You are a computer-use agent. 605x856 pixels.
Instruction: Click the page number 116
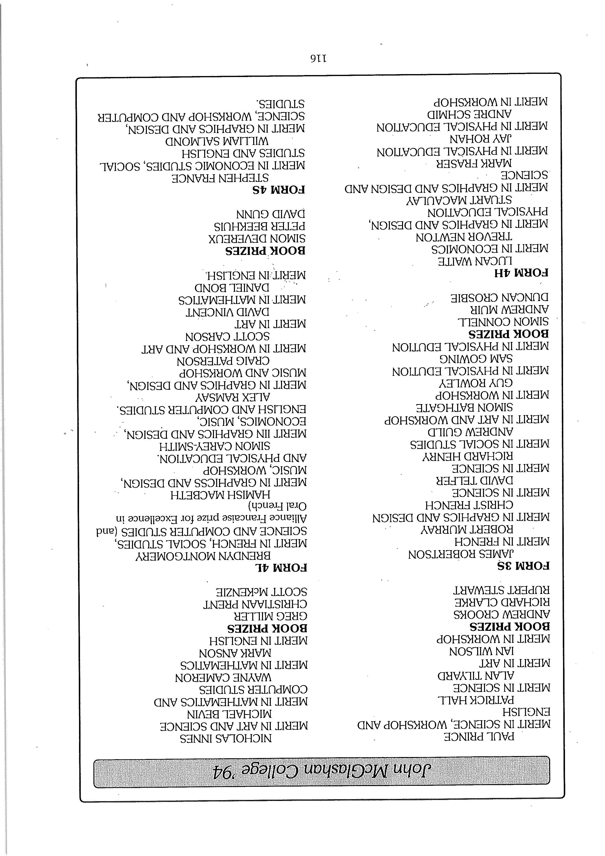click(x=318, y=58)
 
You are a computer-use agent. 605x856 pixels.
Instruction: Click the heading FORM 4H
click(x=521, y=273)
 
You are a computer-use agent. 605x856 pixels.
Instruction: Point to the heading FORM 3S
click(x=523, y=566)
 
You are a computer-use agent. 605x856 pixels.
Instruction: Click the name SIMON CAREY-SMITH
click(x=215, y=446)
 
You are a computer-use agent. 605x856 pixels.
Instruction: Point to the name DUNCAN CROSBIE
click(x=499, y=297)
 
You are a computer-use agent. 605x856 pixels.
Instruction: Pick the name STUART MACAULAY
click(x=459, y=200)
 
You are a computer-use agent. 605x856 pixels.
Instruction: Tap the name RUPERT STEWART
click(x=501, y=590)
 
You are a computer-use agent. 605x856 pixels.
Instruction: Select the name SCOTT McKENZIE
click(x=261, y=592)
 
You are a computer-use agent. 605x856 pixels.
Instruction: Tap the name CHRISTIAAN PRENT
click(x=255, y=604)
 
